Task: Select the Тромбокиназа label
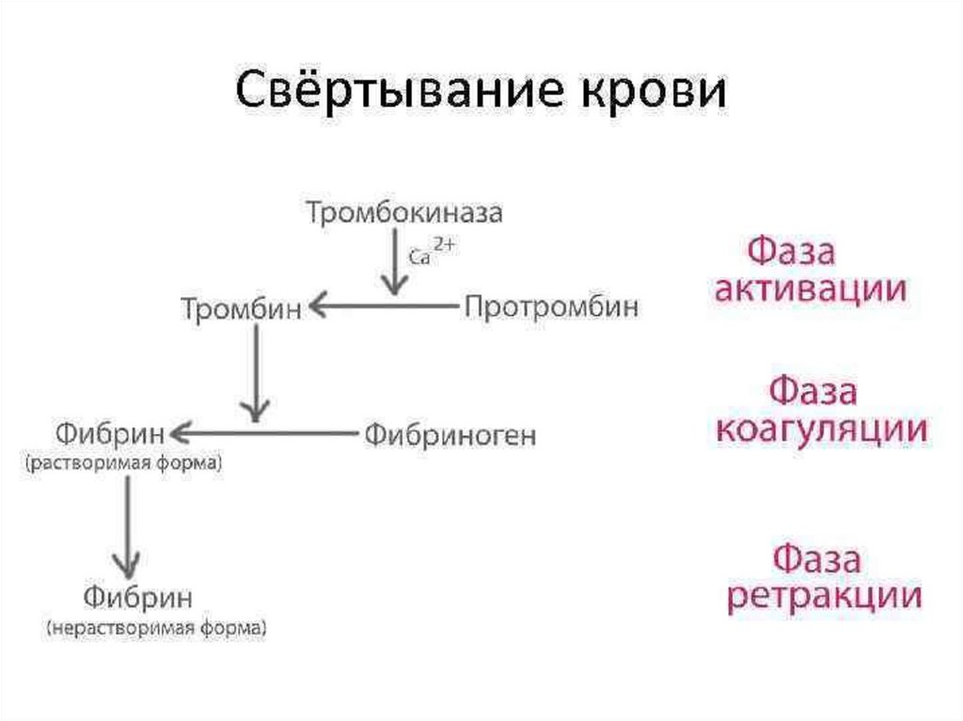pyautogui.click(x=404, y=213)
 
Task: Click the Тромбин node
pyautogui.click(x=242, y=307)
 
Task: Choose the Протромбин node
pyautogui.click(x=551, y=306)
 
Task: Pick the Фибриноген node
pyautogui.click(x=450, y=435)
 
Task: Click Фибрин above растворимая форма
pyautogui.click(x=109, y=433)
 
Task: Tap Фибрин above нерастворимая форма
pyautogui.click(x=138, y=597)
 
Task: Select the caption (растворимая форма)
pyautogui.click(x=124, y=463)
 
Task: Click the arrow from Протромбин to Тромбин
pyautogui.click(x=381, y=305)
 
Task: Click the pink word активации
pyautogui.click(x=811, y=289)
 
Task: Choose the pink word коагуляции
pyautogui.click(x=821, y=429)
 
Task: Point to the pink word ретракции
pyautogui.click(x=823, y=597)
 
